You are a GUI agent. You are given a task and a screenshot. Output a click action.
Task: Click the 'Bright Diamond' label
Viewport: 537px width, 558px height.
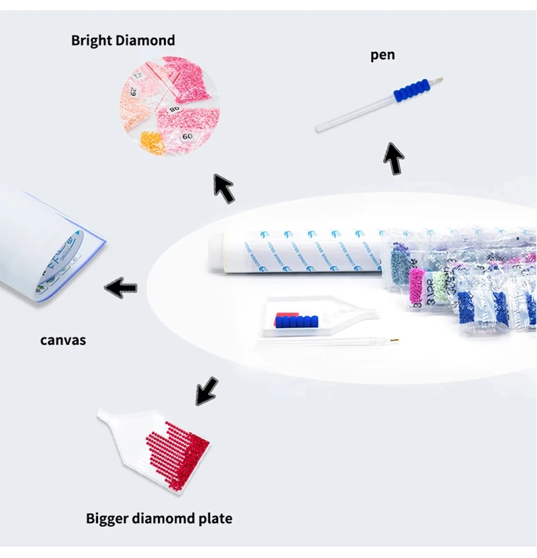point(123,41)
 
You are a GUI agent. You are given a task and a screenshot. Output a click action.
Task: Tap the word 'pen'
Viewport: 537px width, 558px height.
point(383,55)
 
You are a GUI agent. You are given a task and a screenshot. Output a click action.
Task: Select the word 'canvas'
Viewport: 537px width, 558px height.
point(63,340)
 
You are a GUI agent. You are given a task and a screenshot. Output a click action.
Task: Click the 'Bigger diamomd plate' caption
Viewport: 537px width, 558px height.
point(159,518)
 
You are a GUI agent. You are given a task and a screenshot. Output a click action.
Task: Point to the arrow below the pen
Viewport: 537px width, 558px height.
point(394,158)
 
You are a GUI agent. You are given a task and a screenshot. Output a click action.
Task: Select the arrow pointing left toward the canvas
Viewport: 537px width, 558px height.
point(121,288)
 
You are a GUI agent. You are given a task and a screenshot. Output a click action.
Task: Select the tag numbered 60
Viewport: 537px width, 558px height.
point(187,136)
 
